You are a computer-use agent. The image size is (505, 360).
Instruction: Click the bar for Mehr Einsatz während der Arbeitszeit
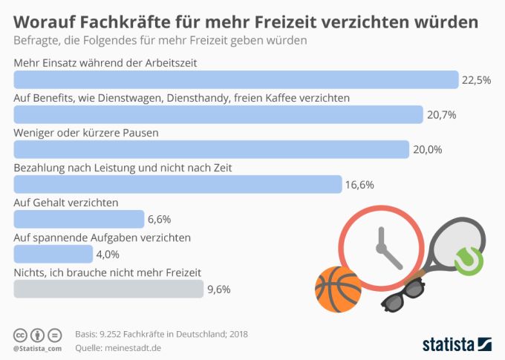(236, 79)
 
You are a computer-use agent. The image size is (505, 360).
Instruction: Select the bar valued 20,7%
(218, 114)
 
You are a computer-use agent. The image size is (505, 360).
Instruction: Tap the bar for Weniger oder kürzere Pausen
(212, 149)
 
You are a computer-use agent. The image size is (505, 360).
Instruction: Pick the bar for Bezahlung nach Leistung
(178, 184)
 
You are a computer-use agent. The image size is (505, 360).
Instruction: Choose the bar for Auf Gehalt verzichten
(79, 219)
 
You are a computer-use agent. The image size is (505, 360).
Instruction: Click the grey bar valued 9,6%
(108, 289)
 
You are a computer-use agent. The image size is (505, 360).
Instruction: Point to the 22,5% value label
(476, 80)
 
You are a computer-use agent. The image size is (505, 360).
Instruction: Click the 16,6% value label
(359, 185)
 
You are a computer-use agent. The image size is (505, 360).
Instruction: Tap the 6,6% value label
(160, 220)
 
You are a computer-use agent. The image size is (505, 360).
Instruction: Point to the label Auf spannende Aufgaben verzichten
(102, 238)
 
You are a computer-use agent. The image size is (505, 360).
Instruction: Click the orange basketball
(338, 289)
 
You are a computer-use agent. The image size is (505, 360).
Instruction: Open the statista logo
(457, 344)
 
